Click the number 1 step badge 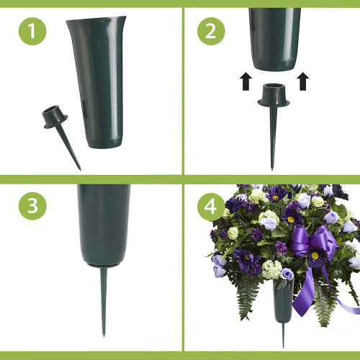(x=29, y=33)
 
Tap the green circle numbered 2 (x=210, y=33)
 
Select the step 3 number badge (x=29, y=206)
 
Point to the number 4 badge (x=210, y=206)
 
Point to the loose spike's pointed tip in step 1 (x=80, y=168)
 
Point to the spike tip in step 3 (x=104, y=335)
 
